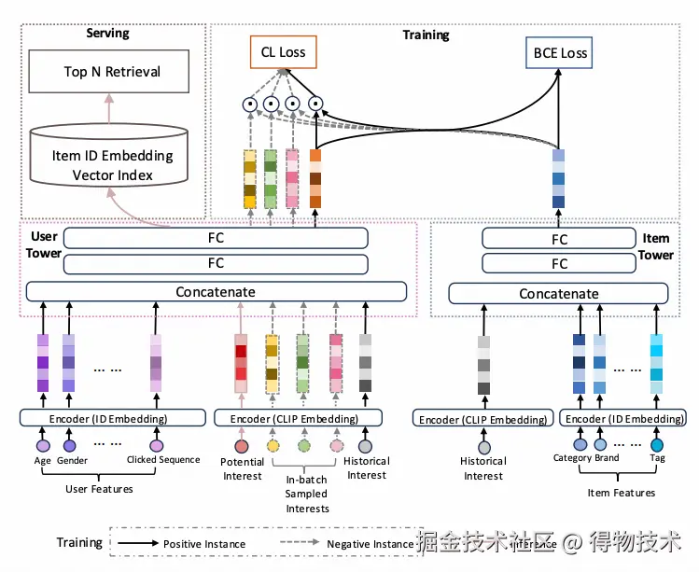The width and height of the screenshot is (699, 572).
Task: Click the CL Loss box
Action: click(x=284, y=52)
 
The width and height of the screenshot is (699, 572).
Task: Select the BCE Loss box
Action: click(x=560, y=53)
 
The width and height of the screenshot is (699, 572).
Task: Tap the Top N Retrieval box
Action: click(x=112, y=72)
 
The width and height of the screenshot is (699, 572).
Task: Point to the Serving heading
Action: click(x=107, y=34)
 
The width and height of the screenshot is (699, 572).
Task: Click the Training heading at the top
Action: click(x=426, y=35)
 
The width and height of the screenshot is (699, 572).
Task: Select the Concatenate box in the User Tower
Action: click(x=216, y=292)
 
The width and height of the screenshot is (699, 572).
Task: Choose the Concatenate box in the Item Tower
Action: click(x=559, y=294)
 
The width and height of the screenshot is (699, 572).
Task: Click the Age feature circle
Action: click(x=42, y=446)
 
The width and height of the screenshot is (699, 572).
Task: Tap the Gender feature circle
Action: click(x=69, y=446)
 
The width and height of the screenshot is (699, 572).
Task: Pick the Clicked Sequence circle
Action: click(x=156, y=446)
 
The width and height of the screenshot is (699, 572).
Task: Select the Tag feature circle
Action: click(x=657, y=446)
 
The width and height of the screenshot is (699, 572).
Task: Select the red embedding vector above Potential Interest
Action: click(x=241, y=363)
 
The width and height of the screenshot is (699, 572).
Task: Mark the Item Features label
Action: click(x=622, y=492)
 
